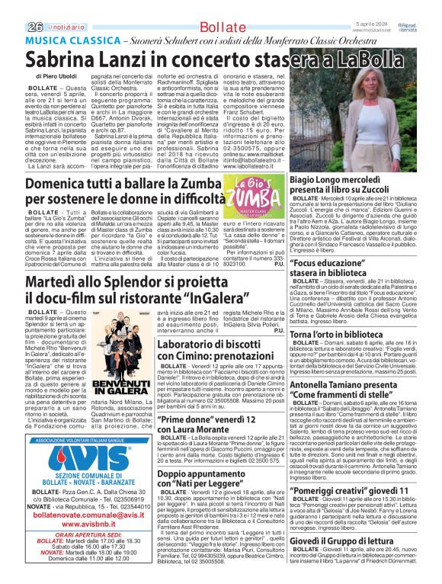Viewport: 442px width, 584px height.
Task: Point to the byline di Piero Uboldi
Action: [x=57, y=78]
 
